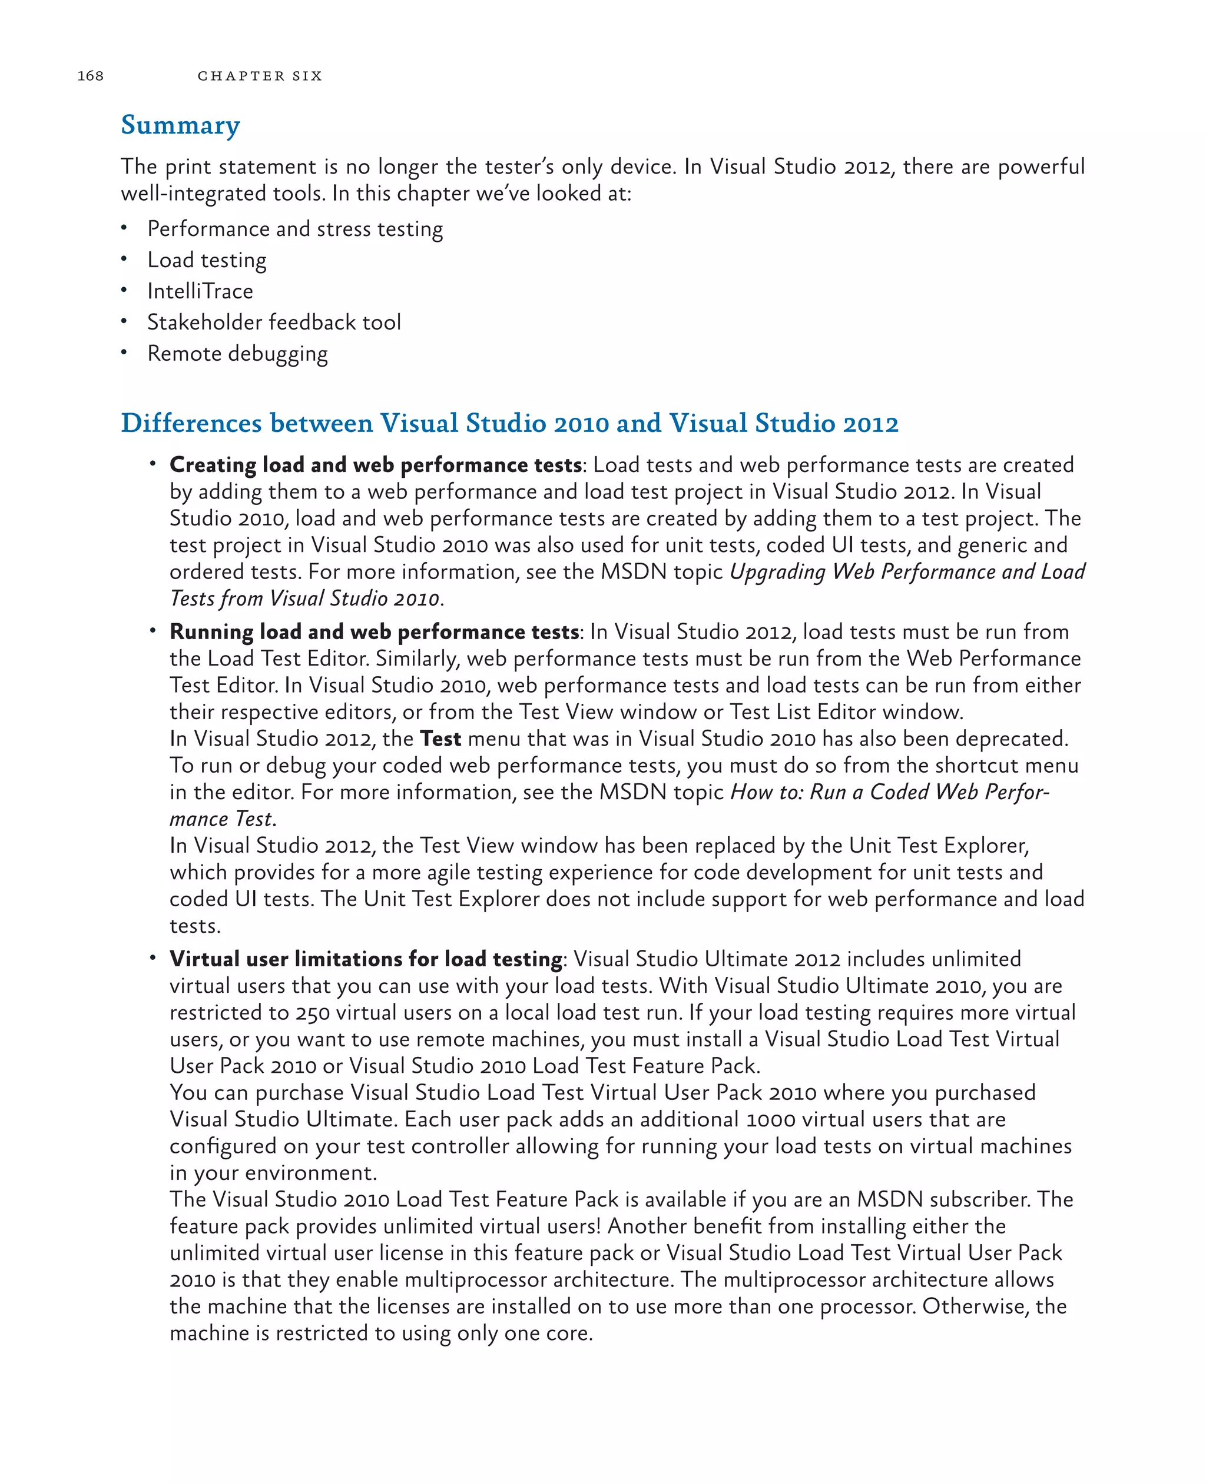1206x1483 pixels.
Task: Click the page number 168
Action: coord(90,76)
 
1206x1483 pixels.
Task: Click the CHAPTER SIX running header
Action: coord(260,76)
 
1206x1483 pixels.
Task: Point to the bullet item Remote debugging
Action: coord(237,354)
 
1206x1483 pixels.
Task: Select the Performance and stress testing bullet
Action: coord(294,229)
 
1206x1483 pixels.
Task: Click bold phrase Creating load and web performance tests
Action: coord(375,464)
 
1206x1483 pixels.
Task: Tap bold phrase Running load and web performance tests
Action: coord(374,632)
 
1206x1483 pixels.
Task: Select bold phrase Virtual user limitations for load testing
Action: coord(366,959)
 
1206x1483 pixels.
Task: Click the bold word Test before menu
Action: coord(440,739)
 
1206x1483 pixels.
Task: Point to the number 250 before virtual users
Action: coord(313,1013)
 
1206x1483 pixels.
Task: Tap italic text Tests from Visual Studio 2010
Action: coord(304,598)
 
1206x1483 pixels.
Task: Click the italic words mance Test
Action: coord(221,819)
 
